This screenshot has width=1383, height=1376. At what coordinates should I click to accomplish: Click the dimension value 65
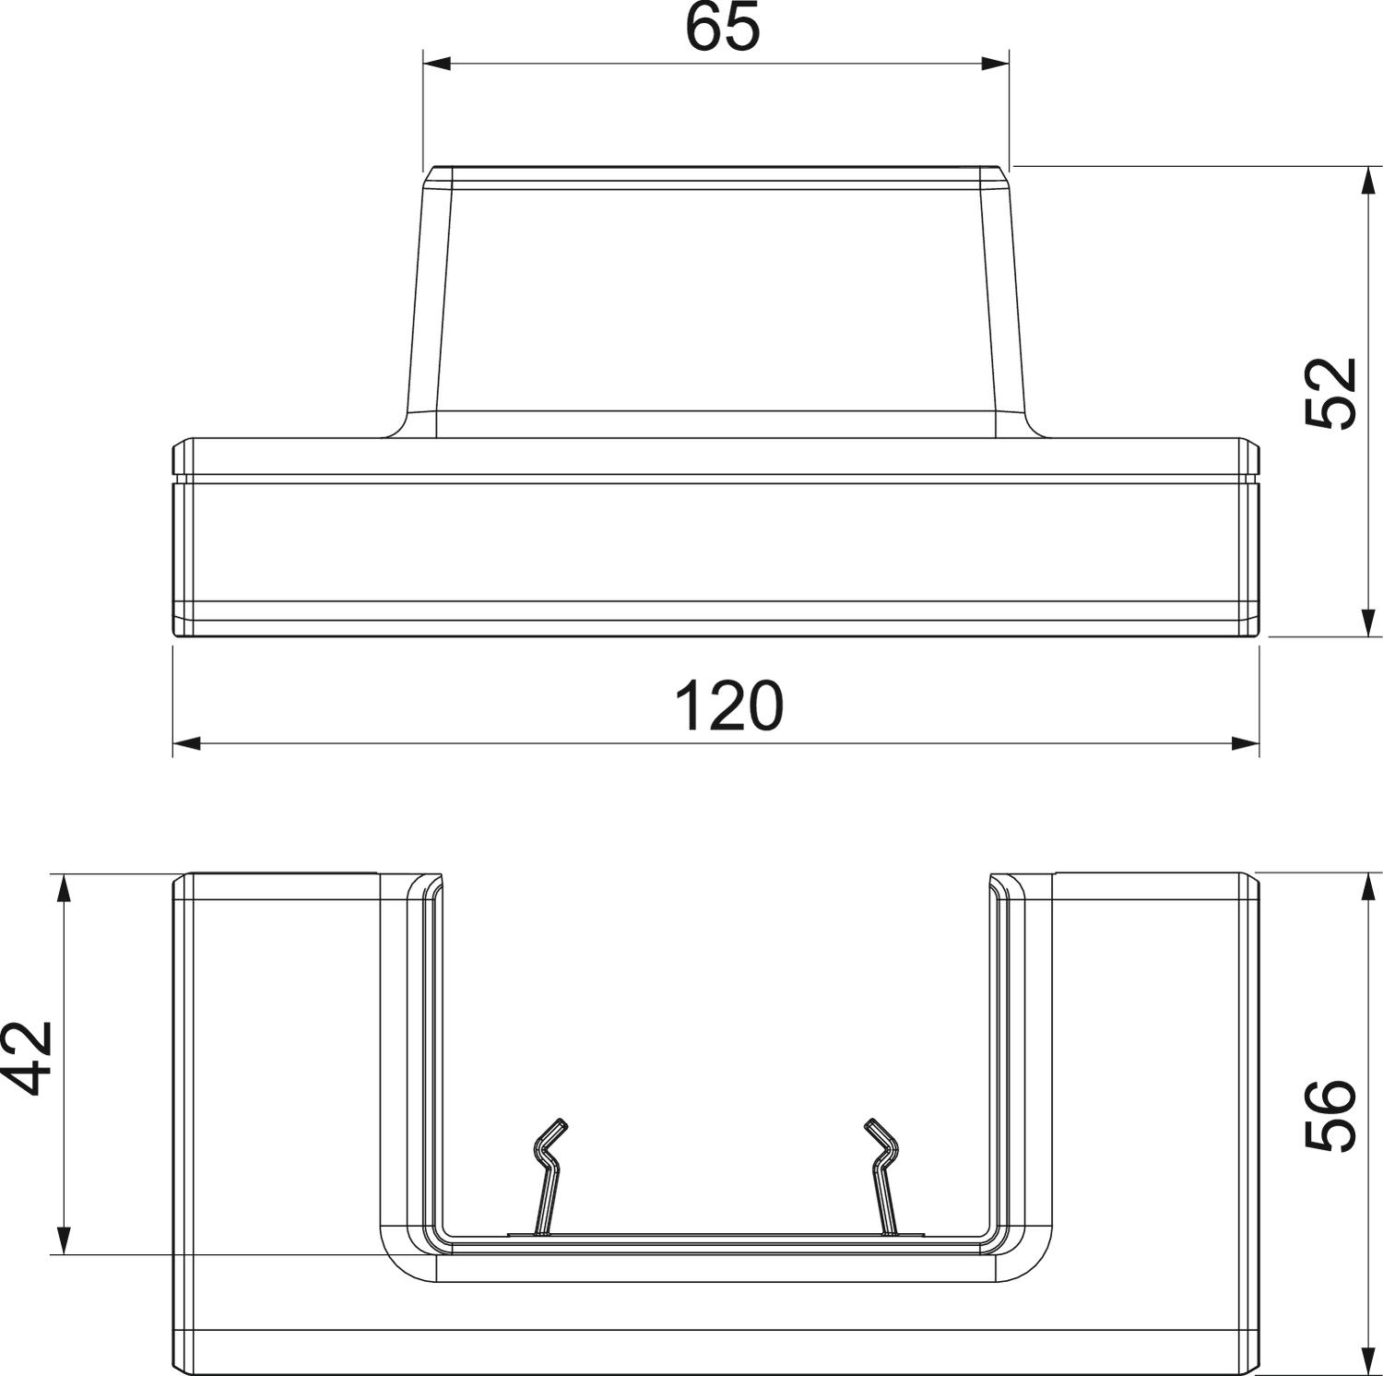coord(722,28)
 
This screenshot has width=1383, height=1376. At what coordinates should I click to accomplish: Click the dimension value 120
coord(728,706)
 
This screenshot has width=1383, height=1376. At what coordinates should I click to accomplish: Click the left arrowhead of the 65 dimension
coord(436,64)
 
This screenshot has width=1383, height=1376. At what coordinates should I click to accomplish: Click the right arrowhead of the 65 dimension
coord(996,64)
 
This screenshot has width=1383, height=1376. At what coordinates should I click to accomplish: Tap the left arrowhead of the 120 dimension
coord(187,743)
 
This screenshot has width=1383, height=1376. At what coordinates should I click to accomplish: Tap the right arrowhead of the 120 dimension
coord(1246,743)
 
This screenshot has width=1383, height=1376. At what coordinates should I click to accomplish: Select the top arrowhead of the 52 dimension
coord(1368,181)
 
